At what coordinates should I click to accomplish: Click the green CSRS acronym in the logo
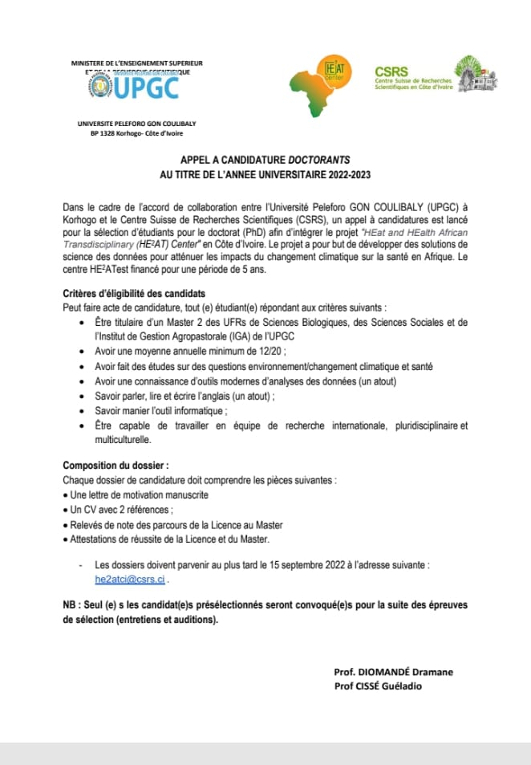tap(391, 71)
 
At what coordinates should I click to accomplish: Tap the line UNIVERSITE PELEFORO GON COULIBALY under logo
tap(136, 124)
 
